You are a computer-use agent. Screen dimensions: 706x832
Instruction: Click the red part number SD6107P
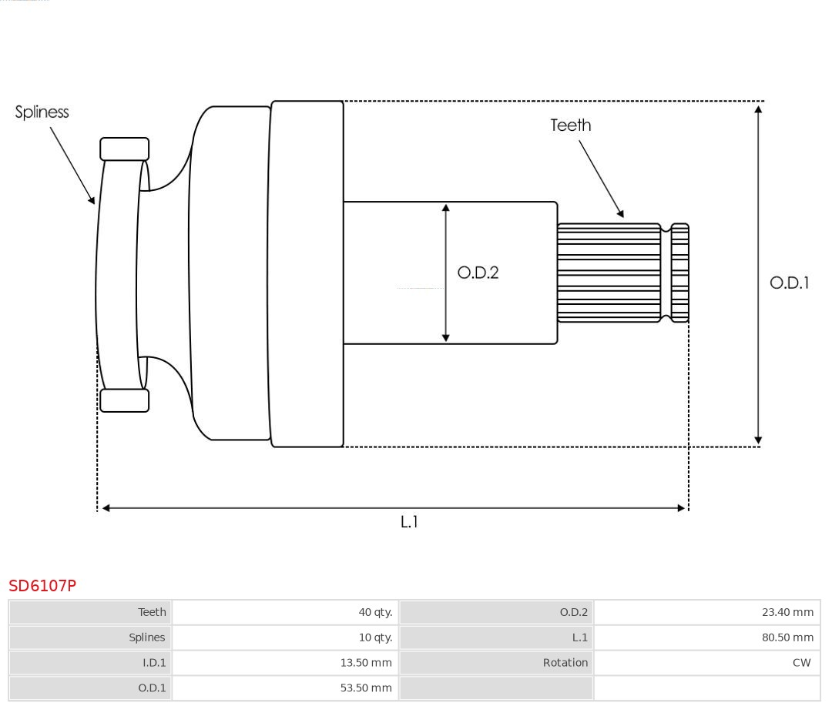pos(42,586)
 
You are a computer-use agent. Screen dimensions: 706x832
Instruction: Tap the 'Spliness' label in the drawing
pos(42,112)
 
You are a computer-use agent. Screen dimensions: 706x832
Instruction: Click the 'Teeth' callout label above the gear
pos(571,125)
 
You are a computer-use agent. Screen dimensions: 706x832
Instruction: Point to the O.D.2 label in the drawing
pos(478,273)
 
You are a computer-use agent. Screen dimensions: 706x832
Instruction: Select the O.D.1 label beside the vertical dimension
pos(790,283)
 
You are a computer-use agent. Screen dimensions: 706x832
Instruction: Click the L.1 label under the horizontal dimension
pos(409,522)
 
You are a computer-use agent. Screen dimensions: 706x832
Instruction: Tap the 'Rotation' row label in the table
pos(565,662)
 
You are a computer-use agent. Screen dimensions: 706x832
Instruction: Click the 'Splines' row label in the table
pos(147,637)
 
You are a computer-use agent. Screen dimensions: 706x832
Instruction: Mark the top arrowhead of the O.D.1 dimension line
pos(759,109)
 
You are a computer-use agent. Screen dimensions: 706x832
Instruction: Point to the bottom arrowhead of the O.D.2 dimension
pos(446,337)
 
